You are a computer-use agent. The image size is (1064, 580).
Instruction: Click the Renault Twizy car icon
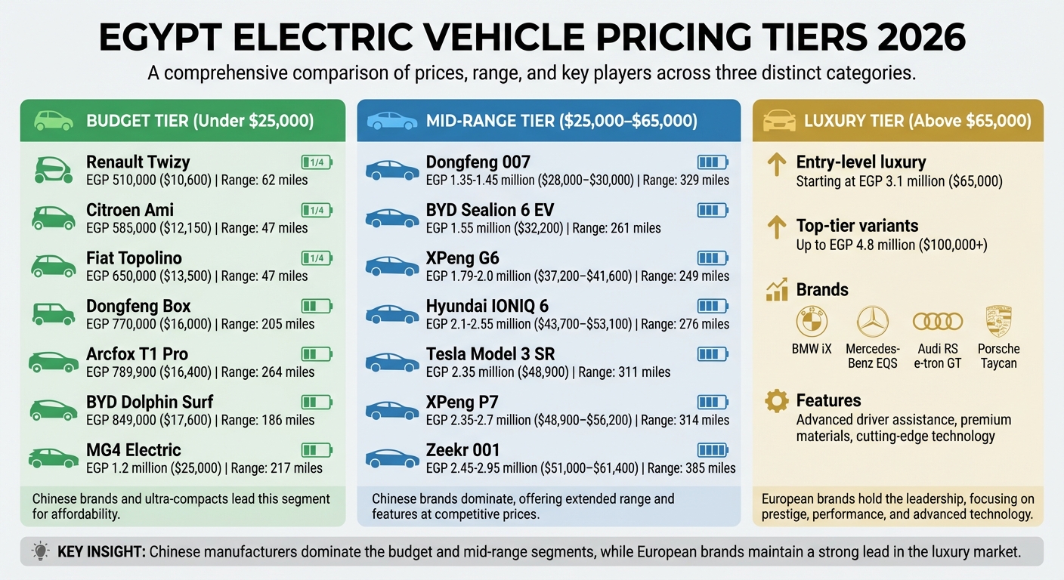point(53,169)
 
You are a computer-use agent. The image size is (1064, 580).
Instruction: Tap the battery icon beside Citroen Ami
point(317,210)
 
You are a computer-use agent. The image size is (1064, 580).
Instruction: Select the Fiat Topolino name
point(134,258)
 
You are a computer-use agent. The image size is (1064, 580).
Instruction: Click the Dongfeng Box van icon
point(53,313)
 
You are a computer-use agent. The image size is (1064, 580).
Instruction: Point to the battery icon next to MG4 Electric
point(317,450)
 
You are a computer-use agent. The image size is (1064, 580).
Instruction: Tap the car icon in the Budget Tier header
point(54,121)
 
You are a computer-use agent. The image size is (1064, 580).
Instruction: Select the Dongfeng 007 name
point(478,162)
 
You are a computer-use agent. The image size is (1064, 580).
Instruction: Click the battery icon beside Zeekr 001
point(711,450)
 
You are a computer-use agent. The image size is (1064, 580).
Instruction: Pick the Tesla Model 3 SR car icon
point(391,362)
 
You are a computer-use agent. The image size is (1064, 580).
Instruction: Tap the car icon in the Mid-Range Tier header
point(391,121)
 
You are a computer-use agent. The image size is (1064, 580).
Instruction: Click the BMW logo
point(811,322)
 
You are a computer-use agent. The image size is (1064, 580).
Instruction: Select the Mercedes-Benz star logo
point(873,322)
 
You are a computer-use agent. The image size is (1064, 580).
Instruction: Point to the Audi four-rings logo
point(937,322)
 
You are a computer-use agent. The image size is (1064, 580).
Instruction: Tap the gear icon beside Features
point(776,401)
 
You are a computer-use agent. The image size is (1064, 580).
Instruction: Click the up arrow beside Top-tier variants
point(776,226)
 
